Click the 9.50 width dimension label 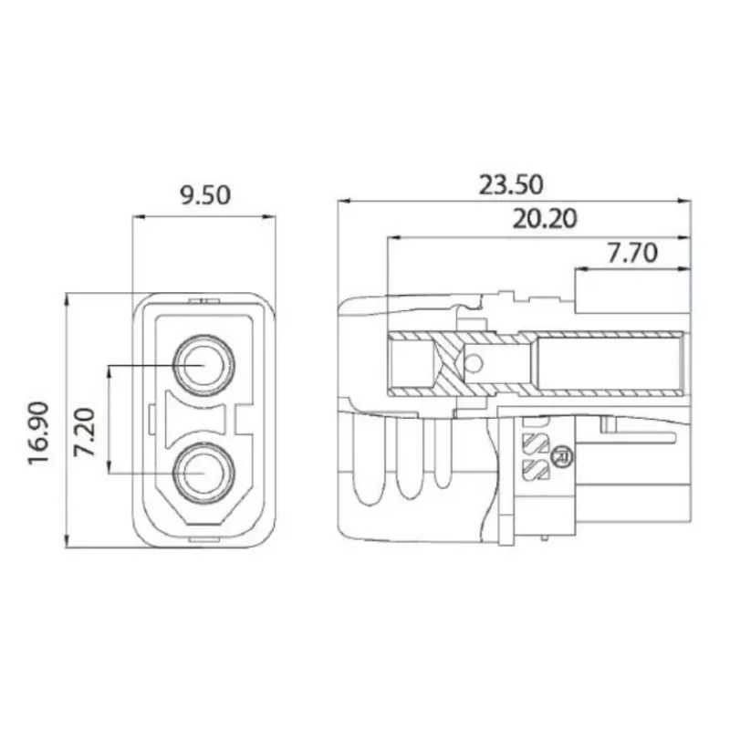click(x=205, y=195)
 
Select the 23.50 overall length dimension click(x=511, y=185)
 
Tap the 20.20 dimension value click(x=545, y=219)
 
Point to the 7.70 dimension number click(x=632, y=253)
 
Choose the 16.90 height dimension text click(x=38, y=433)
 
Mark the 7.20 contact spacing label click(x=85, y=432)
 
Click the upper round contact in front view click(x=203, y=365)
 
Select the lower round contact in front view click(x=203, y=473)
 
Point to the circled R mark click(x=561, y=456)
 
